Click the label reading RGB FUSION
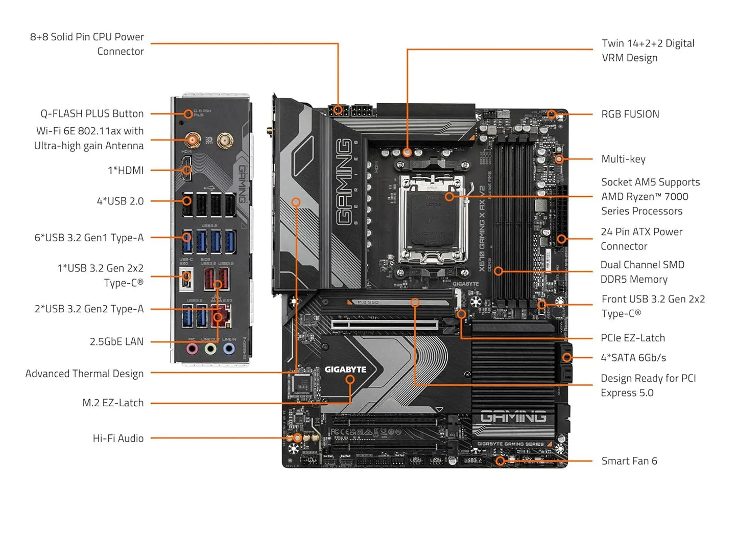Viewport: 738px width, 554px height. (x=630, y=114)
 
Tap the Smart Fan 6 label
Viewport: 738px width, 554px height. (x=629, y=461)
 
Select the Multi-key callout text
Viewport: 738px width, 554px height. (x=623, y=159)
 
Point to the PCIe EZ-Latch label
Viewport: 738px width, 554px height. (x=632, y=338)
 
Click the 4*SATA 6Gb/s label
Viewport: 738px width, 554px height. (x=633, y=358)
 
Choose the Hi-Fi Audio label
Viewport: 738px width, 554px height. (x=118, y=438)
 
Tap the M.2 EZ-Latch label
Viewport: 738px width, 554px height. (x=113, y=403)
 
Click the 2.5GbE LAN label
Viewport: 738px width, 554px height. (x=116, y=341)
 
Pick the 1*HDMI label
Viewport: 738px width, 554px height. (x=126, y=170)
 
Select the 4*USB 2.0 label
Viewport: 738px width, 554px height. (x=120, y=201)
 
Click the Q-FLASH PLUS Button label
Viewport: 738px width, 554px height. (x=92, y=113)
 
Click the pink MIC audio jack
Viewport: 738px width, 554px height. (x=192, y=349)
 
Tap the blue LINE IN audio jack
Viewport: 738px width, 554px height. (x=229, y=349)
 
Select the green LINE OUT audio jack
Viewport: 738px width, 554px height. (x=210, y=349)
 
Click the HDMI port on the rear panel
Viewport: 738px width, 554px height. (x=187, y=169)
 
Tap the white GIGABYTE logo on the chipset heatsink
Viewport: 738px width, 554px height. (x=345, y=370)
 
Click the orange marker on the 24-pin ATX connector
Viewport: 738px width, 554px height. (x=561, y=239)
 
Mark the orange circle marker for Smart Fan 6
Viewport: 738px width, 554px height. (x=501, y=461)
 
